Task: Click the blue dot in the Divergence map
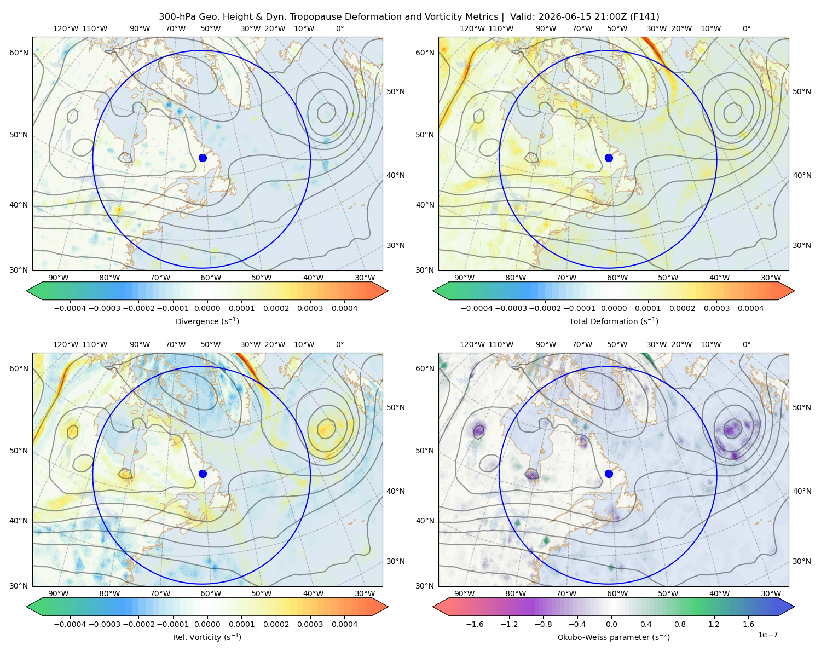point(203,158)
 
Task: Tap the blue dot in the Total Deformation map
point(609,158)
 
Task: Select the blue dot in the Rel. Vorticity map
point(203,474)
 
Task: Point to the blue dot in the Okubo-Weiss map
point(609,474)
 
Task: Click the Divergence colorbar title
point(207,321)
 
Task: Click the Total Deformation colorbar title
point(614,321)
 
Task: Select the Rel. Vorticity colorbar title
point(207,637)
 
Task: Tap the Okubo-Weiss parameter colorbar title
point(614,637)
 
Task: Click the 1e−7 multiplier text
point(767,635)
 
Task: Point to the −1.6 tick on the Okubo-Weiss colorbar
point(475,624)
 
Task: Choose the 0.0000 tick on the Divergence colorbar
point(207,308)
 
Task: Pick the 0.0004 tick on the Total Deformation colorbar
point(750,308)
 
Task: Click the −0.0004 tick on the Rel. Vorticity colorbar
point(70,624)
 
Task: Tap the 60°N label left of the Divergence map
point(19,53)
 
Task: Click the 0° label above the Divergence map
point(340,28)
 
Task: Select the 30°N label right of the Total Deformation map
point(801,245)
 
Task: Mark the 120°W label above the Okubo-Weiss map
point(472,344)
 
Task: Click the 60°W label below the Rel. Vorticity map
point(211,593)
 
